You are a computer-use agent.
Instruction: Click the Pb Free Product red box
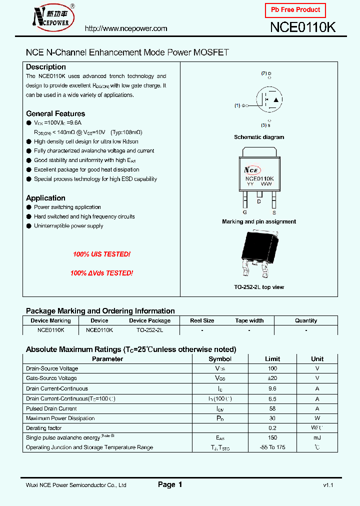[295, 10]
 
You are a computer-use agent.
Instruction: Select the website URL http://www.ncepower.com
[126, 29]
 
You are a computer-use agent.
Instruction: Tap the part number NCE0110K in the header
[302, 27]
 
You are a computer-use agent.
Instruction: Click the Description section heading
[46, 67]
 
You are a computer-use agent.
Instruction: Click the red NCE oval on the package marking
[252, 169]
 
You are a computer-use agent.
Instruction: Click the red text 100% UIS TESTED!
[101, 254]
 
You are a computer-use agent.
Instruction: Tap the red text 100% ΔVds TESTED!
[101, 273]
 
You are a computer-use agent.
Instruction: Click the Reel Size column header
[202, 320]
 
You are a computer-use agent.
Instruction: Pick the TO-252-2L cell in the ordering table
[149, 330]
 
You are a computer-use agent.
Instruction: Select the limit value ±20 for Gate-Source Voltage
[272, 378]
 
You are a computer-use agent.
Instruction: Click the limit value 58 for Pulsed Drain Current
[272, 408]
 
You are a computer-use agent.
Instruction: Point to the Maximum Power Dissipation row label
[60, 418]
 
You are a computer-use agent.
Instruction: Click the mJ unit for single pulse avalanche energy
[317, 438]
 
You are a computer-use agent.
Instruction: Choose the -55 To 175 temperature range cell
[272, 447]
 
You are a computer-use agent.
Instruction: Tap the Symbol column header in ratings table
[220, 359]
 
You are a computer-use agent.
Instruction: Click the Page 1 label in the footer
[170, 484]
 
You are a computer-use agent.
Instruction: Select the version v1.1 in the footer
[328, 485]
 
